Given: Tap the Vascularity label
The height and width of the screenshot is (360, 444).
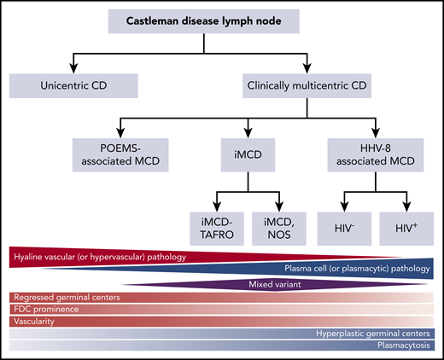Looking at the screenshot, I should tap(35, 322).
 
